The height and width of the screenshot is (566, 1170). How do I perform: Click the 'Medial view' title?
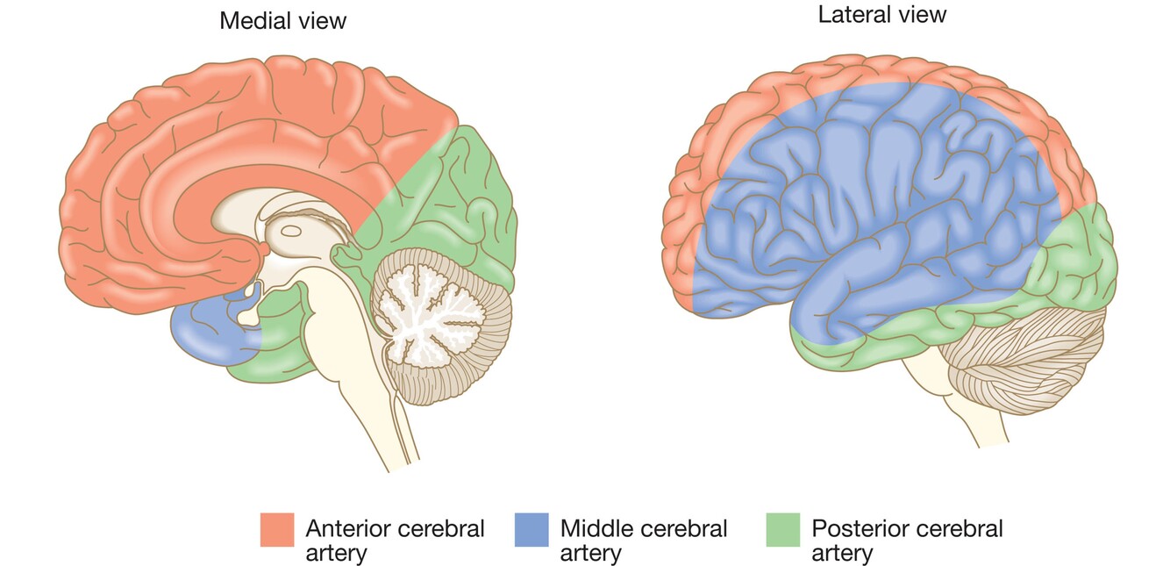pos(282,20)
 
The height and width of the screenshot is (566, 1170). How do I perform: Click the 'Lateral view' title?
pos(882,14)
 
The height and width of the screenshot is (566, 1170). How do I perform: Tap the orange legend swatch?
pos(276,530)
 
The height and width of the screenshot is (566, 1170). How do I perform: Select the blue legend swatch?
pos(531,530)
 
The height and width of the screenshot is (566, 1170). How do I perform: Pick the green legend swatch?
pos(782,530)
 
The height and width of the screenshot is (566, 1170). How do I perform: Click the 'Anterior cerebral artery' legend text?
pos(395,541)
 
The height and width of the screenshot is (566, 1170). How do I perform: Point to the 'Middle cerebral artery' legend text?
pos(643,541)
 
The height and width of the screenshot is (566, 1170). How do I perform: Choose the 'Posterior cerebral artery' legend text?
pos(907,541)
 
